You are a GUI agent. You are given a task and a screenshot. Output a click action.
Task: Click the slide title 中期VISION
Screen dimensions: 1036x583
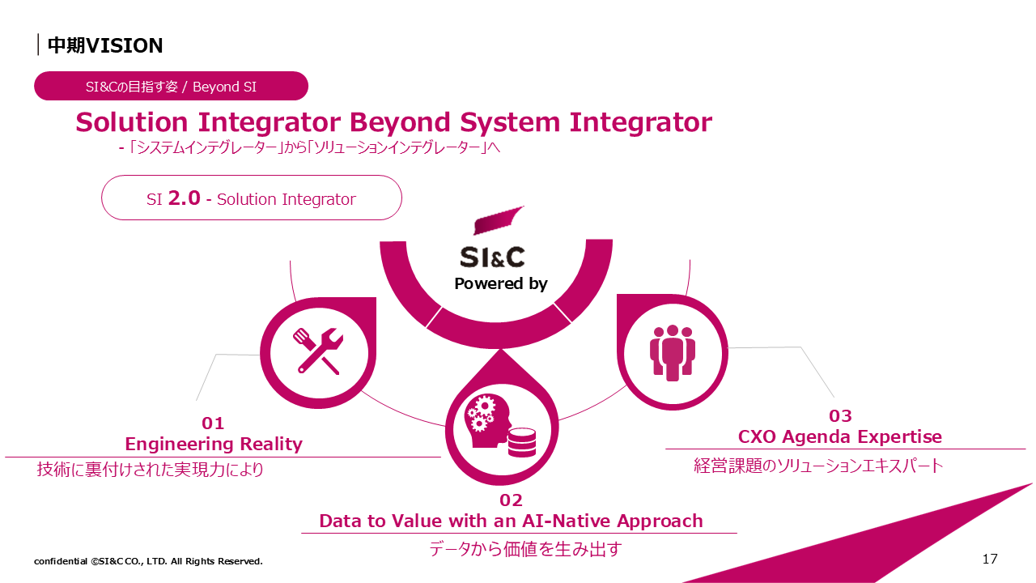(105, 45)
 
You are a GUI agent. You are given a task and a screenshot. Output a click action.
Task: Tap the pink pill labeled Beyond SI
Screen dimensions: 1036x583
(171, 86)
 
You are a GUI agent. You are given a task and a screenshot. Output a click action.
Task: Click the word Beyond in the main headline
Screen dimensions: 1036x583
(400, 122)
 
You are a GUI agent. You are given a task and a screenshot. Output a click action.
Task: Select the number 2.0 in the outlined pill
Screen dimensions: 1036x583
(184, 198)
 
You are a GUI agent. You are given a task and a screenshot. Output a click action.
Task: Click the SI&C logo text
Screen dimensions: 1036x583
(492, 257)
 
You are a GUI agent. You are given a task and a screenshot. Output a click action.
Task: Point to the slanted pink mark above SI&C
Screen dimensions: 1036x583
(497, 221)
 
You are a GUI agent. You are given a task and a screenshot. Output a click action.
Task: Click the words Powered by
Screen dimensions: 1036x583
(501, 283)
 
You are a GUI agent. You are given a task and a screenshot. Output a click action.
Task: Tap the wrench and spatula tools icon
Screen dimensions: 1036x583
(318, 351)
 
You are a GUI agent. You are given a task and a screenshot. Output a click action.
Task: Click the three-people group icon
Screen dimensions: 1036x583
(673, 353)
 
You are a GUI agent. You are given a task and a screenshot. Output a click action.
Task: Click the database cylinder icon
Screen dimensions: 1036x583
(522, 442)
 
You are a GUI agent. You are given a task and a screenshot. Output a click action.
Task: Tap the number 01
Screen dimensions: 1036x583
(213, 423)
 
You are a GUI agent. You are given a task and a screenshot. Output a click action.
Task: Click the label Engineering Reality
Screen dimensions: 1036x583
(214, 445)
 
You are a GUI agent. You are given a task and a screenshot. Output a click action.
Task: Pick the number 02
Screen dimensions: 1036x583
(511, 500)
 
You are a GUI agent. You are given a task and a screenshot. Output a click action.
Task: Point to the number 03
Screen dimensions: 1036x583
(840, 416)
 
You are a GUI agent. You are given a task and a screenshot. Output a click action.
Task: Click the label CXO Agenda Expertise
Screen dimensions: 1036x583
(840, 436)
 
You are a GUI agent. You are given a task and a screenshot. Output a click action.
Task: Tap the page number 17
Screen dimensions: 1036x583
(990, 559)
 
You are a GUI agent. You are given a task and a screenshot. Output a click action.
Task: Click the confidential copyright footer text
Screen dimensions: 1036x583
(148, 561)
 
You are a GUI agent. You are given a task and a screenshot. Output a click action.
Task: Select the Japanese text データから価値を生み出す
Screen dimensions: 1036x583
(525, 549)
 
